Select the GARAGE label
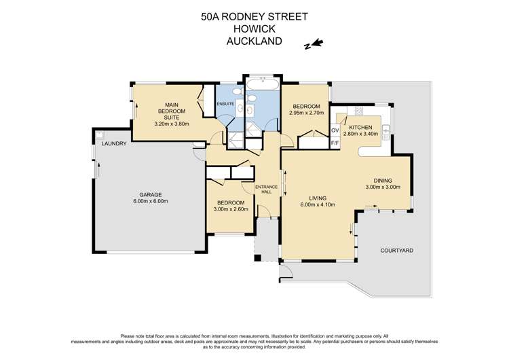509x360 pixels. [x=150, y=194]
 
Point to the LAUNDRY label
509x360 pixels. [x=113, y=144]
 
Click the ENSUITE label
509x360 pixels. [x=225, y=103]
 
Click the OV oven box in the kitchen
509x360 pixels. [x=335, y=130]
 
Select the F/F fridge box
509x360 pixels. [x=335, y=143]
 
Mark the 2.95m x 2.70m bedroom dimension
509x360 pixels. [x=306, y=114]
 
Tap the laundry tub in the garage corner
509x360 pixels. [x=100, y=134]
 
